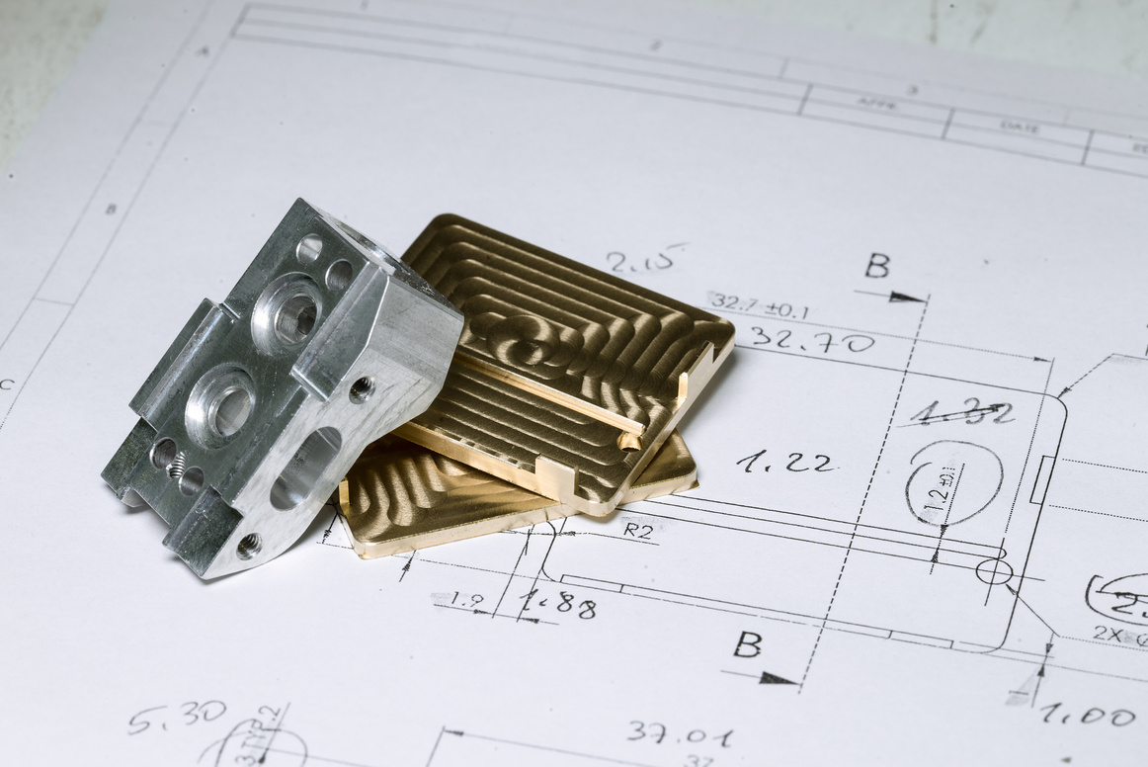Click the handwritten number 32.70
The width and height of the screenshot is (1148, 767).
[811, 342]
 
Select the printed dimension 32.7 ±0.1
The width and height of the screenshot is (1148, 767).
[759, 305]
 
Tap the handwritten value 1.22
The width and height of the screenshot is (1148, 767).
[785, 462]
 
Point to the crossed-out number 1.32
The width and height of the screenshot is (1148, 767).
[961, 412]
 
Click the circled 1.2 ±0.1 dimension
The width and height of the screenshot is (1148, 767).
[952, 483]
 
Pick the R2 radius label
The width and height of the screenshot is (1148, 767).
[638, 529]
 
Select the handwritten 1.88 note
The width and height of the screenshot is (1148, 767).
[558, 603]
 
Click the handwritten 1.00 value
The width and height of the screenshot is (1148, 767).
[1087, 715]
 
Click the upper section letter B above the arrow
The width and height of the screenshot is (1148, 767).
[876, 265]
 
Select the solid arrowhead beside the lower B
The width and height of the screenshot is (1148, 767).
[779, 678]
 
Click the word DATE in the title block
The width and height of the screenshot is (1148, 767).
[1019, 128]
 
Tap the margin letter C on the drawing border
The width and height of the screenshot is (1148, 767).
[8, 384]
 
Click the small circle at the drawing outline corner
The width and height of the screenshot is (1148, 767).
[993, 571]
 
